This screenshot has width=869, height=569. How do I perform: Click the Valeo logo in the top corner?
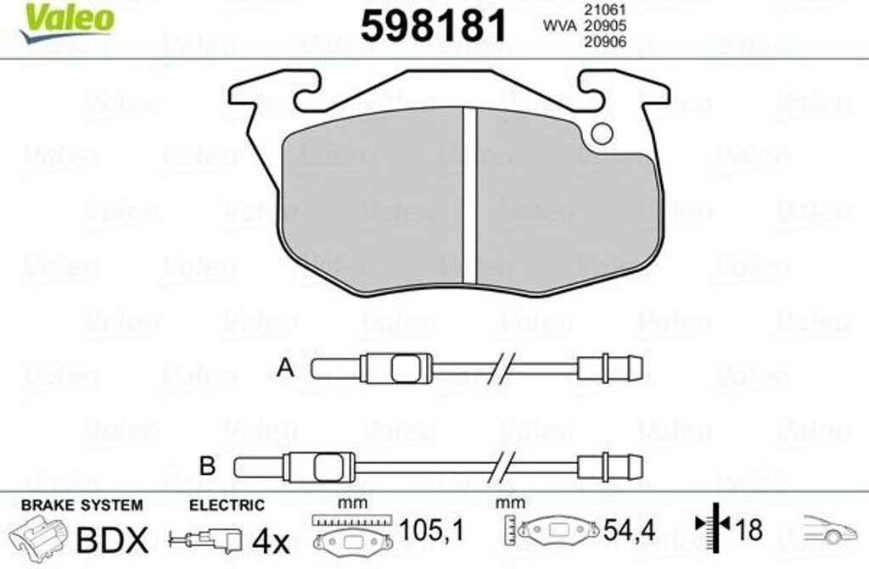click(66, 22)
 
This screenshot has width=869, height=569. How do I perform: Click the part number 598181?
click(434, 26)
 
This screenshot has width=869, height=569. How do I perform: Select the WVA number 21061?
click(604, 9)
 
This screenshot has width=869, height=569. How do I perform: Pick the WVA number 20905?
click(604, 25)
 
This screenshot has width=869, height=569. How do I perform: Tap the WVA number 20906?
click(604, 42)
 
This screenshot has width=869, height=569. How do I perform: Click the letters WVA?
click(560, 25)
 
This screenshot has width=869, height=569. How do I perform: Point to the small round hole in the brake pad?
click(602, 133)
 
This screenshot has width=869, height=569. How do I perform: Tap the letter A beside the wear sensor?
click(285, 368)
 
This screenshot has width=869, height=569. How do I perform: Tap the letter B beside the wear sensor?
click(207, 466)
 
